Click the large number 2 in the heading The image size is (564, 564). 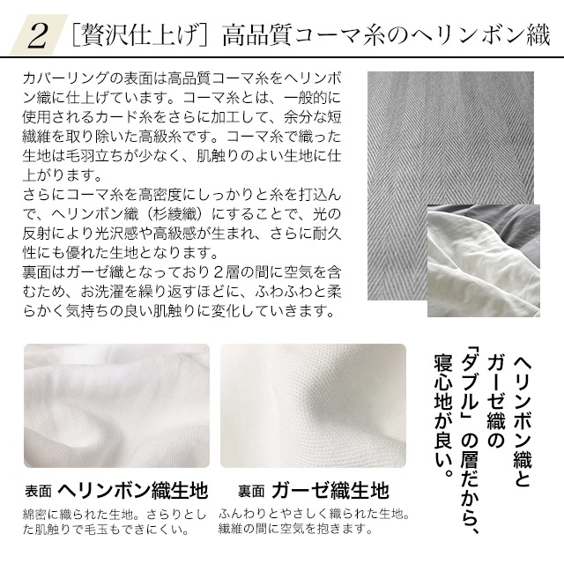coord(39,36)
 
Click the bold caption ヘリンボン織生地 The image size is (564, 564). coord(133,490)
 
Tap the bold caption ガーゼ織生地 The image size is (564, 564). coord(330,490)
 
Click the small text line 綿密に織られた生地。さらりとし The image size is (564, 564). coord(115,514)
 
